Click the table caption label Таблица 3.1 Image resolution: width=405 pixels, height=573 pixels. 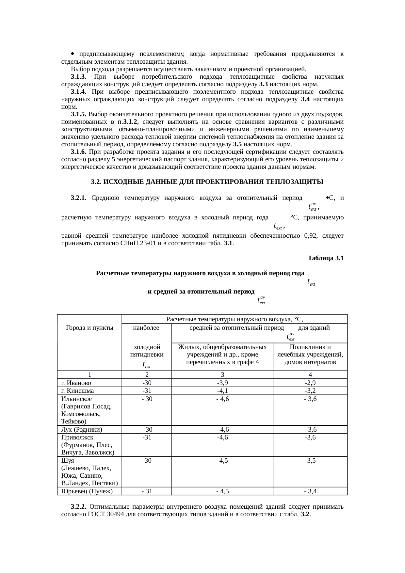(325, 258)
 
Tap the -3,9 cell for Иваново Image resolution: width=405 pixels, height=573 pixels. (222, 383)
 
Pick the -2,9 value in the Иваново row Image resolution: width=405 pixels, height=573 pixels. (310, 383)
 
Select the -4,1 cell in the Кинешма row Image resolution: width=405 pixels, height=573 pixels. (222, 391)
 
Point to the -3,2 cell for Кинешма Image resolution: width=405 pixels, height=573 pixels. (310, 391)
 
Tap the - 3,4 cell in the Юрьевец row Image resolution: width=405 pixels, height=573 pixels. (310, 491)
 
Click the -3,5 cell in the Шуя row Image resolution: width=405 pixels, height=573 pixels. (310, 460)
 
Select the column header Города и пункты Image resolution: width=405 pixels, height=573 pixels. (89, 328)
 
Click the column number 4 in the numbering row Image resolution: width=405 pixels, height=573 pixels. (310, 375)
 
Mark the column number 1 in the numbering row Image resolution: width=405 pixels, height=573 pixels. (89, 375)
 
